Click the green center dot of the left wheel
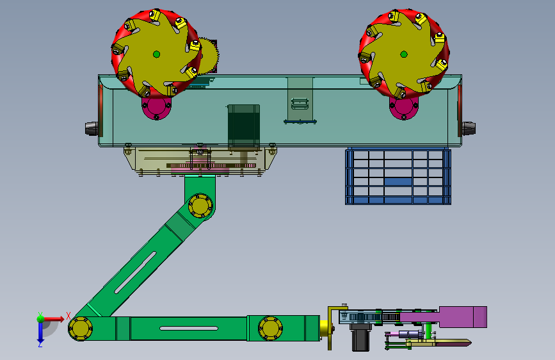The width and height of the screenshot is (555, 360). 156,54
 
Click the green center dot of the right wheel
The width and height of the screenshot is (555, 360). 403,54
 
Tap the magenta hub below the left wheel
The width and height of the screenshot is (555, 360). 156,108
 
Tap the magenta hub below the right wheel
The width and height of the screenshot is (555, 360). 403,108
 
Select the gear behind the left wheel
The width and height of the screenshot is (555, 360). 209,56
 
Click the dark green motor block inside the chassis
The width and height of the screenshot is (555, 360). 243,125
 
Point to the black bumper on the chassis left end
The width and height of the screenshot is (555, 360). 92,128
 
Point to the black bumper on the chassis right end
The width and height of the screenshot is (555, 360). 469,128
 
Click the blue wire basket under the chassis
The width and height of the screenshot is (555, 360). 398,176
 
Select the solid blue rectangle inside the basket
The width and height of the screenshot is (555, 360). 398,181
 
